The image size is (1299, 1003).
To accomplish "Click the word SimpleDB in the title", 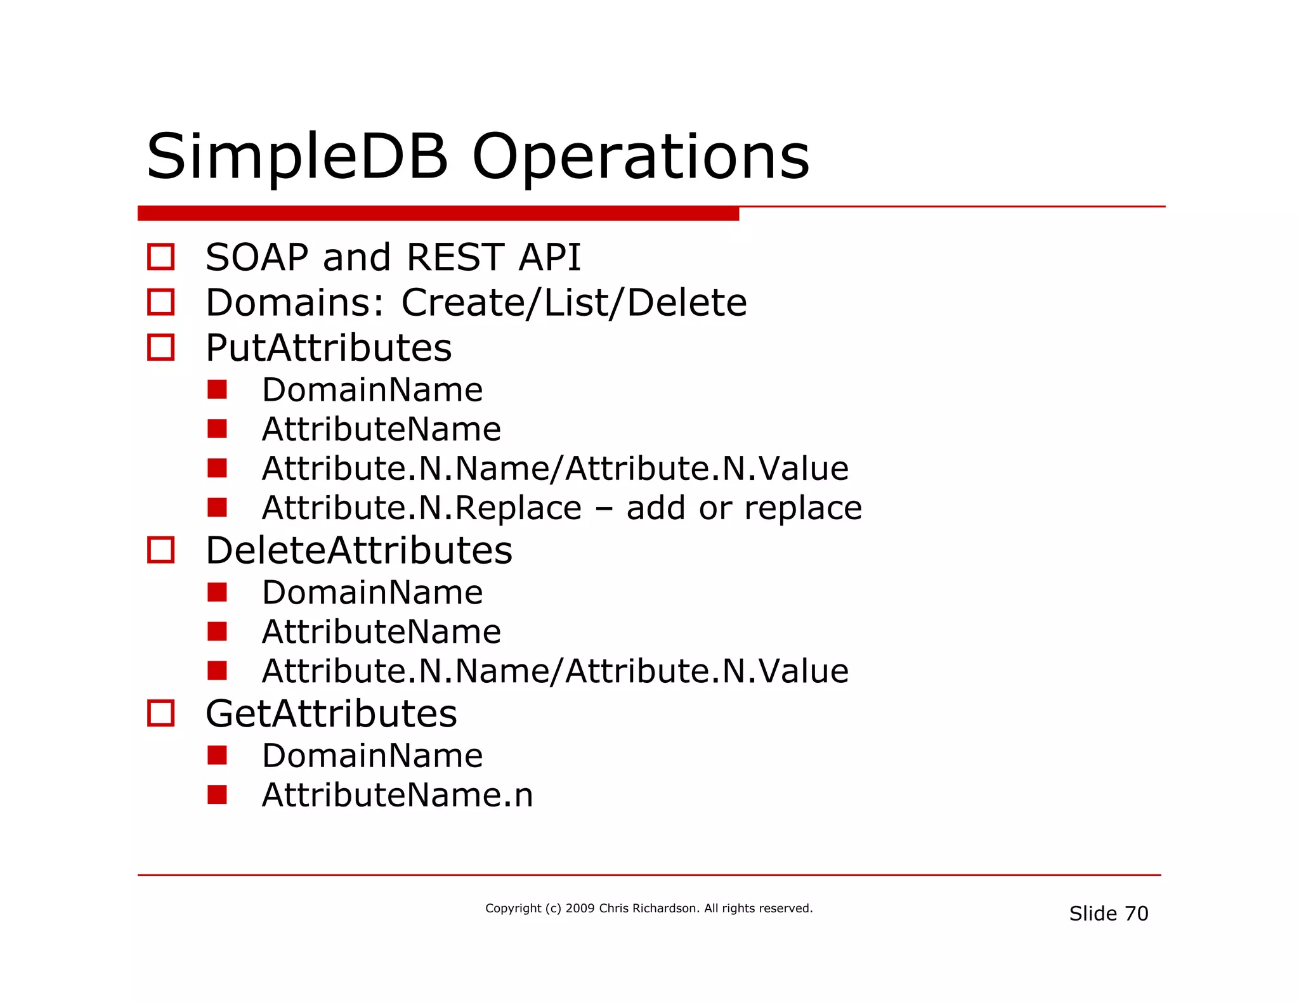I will click(x=297, y=157).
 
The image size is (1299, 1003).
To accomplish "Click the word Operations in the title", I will click(x=641, y=157).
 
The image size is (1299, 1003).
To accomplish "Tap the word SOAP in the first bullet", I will click(x=257, y=257).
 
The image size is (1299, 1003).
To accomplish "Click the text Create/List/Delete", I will click(x=574, y=302).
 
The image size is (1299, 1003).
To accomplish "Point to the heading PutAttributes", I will click(x=329, y=348).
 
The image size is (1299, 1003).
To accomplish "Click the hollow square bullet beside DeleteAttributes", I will click(x=161, y=550).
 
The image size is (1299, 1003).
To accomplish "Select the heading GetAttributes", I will click(x=331, y=714).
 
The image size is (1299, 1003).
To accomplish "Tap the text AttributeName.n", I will click(x=398, y=795).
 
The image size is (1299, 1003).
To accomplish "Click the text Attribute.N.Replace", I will click(x=422, y=508).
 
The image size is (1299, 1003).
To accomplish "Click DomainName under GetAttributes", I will click(x=372, y=756).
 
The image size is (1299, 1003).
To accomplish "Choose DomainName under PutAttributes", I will click(x=372, y=390).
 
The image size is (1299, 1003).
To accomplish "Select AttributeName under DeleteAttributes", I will click(x=381, y=632).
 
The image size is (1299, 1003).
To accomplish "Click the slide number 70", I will click(x=1136, y=914).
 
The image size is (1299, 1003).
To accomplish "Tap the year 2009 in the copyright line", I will click(x=580, y=909).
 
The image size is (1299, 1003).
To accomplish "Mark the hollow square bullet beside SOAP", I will click(x=161, y=257).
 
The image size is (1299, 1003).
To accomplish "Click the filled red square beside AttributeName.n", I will click(x=217, y=794).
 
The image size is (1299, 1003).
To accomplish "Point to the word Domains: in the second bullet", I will click(x=295, y=302).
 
